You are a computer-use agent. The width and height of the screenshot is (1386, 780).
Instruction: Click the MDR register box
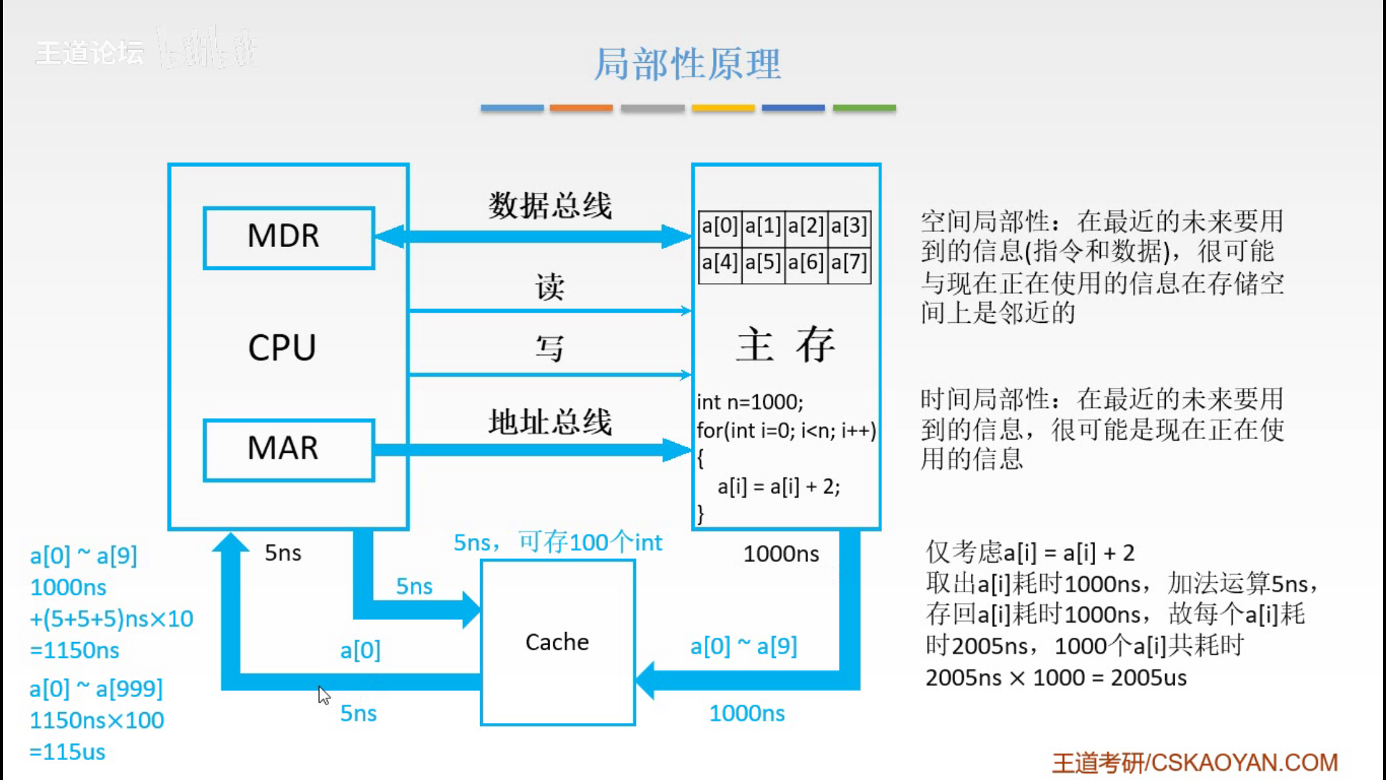tap(289, 238)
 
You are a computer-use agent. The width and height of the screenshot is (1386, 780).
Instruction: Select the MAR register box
tap(289, 449)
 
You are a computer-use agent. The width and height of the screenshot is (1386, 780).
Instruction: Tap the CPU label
tap(282, 348)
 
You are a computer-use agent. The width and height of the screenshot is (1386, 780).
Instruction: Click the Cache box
tap(557, 642)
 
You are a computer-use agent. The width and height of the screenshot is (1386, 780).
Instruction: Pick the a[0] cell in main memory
tap(720, 226)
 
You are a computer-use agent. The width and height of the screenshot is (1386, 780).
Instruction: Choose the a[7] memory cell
tap(849, 262)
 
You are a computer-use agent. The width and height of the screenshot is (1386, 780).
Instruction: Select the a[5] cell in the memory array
tap(763, 262)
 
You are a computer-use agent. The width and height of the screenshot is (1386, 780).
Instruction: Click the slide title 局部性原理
tap(687, 64)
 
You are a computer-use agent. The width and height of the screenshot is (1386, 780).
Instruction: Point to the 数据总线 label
tap(550, 206)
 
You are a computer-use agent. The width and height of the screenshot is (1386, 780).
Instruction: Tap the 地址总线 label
tap(550, 422)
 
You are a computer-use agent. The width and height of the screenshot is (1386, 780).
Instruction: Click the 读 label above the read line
tap(549, 287)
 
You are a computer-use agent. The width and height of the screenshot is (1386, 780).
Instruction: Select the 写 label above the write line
tap(549, 349)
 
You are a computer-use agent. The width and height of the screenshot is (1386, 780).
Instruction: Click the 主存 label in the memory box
tap(785, 344)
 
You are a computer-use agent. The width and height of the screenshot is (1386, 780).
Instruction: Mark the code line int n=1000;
tap(750, 402)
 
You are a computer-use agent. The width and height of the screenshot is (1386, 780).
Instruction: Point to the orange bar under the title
tap(581, 108)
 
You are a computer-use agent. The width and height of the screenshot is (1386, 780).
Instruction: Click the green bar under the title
tap(864, 108)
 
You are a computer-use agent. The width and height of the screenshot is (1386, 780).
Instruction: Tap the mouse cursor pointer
tap(323, 695)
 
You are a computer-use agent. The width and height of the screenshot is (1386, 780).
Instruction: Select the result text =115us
tap(67, 752)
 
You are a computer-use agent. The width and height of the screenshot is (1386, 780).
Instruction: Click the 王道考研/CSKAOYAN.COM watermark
tap(1195, 763)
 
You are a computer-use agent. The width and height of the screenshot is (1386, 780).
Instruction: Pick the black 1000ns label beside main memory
tap(781, 554)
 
